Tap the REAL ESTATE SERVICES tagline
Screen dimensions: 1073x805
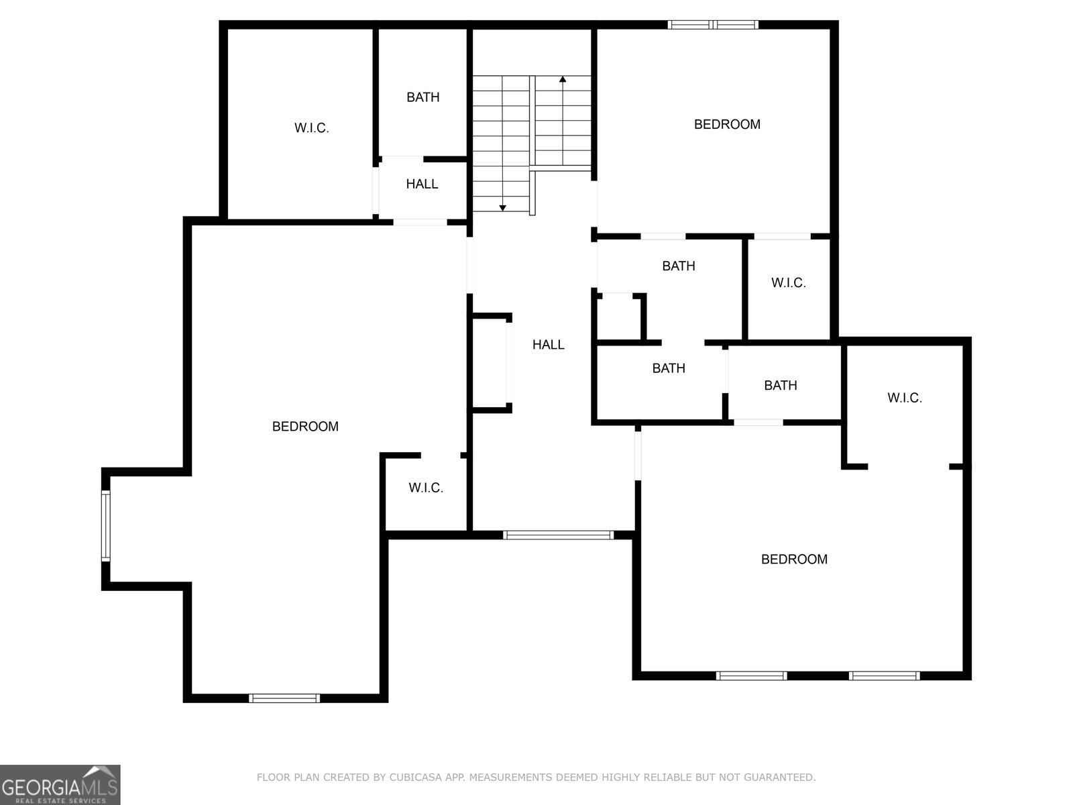tap(60, 801)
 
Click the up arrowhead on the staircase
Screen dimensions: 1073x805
tap(563, 78)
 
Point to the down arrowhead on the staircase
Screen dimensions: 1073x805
tap(502, 208)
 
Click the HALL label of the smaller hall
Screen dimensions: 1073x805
tap(422, 184)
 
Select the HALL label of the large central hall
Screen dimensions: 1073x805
tap(549, 345)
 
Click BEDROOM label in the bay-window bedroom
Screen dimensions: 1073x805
tap(306, 427)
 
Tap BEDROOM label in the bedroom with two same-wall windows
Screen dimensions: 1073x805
tap(795, 559)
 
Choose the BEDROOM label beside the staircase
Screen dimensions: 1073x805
tap(728, 125)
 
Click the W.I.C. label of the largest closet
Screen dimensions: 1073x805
tap(312, 128)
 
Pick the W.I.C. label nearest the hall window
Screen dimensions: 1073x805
tap(427, 488)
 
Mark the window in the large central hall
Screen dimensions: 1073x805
tap(558, 535)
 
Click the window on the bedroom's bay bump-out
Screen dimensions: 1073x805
tap(105, 526)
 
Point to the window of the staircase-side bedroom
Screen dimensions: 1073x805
tap(714, 25)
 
